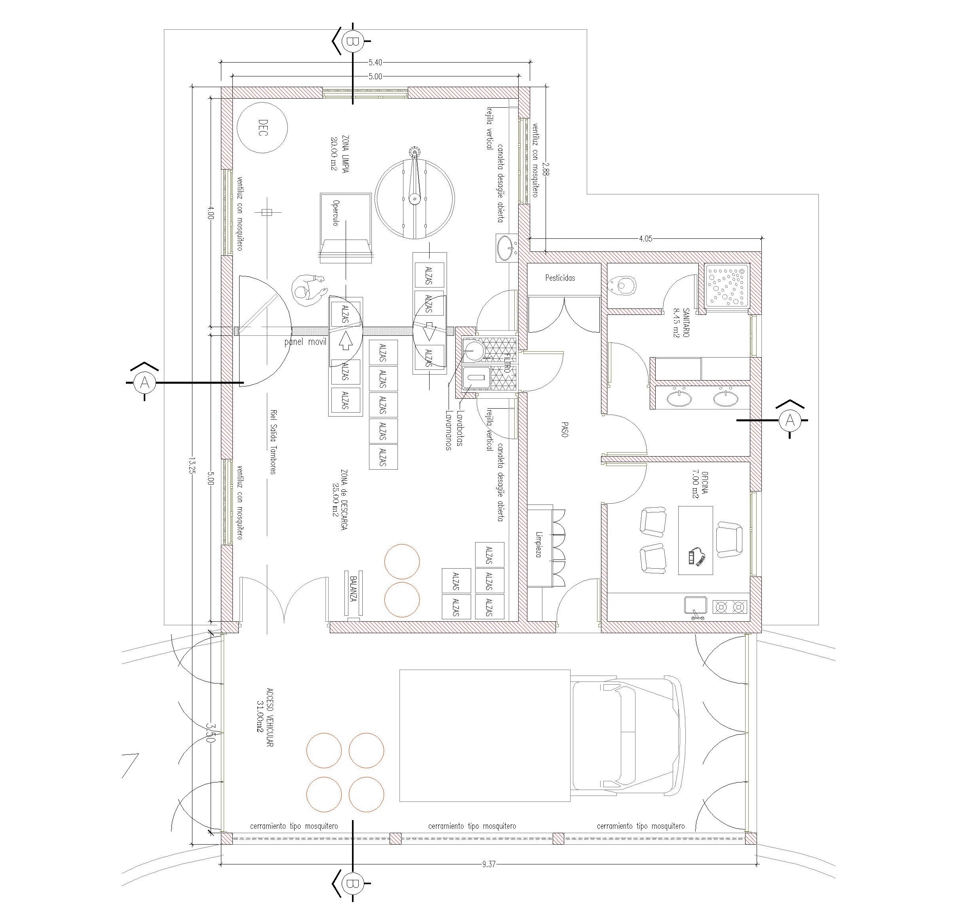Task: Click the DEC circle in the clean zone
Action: [263, 128]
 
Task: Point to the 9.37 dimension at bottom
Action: [489, 864]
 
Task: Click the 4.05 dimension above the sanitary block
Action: [645, 238]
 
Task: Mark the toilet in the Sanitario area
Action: [623, 286]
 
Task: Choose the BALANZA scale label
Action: [354, 589]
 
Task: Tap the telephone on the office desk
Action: [697, 557]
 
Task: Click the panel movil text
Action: [305, 342]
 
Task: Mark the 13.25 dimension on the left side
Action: [192, 466]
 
